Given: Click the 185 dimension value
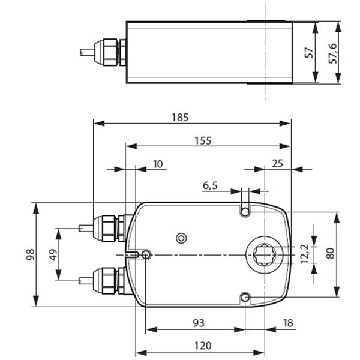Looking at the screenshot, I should [181, 118].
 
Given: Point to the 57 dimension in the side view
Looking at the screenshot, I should [309, 53].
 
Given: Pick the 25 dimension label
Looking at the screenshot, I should [277, 163].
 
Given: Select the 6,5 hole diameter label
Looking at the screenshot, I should [210, 186].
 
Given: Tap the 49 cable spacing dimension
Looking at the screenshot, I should [53, 254].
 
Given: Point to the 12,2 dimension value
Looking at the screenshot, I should [305, 254].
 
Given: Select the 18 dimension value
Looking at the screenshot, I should [288, 323].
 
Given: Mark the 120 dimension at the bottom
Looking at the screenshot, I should [203, 346].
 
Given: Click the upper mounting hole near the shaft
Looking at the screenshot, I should [245, 212].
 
